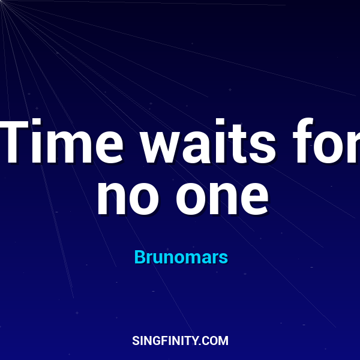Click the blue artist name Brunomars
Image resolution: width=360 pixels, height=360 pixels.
click(181, 257)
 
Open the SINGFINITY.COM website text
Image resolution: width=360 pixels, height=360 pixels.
click(180, 341)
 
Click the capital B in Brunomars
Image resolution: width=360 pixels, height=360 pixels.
click(139, 257)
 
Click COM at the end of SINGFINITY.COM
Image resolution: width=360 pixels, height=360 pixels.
click(217, 341)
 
